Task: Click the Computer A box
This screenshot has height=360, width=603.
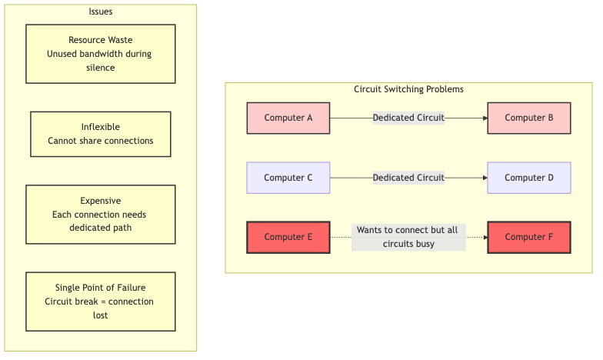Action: point(288,118)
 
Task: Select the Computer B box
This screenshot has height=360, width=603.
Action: point(529,118)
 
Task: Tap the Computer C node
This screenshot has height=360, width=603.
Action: point(288,178)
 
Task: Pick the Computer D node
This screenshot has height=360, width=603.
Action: point(529,178)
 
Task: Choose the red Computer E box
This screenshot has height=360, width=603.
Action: point(288,237)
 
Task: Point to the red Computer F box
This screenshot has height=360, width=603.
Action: point(529,237)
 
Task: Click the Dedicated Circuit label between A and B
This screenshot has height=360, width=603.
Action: point(408,118)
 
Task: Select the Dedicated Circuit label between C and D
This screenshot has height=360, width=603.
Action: point(408,178)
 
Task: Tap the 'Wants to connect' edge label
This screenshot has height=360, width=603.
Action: point(408,237)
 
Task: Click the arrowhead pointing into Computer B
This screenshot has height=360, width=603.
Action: point(485,118)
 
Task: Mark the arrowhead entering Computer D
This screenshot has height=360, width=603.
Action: point(485,178)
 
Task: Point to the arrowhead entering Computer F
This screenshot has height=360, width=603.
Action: point(485,237)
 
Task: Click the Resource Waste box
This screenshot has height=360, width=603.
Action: point(101,54)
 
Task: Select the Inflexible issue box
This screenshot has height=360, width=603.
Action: point(101,134)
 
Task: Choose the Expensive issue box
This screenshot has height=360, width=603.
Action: point(101,214)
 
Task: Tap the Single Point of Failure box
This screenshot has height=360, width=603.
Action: point(101,301)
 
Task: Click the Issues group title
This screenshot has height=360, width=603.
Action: point(101,11)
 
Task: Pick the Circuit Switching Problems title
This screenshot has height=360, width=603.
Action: point(408,89)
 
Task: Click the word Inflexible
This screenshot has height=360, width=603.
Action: point(101,127)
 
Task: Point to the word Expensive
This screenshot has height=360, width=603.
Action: point(101,201)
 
